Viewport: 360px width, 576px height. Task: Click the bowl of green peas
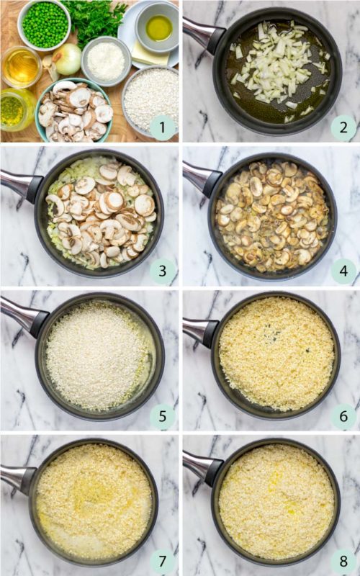pos(44,24)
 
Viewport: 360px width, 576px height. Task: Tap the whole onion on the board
pos(68,58)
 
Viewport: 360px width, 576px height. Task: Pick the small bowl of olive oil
pos(158,27)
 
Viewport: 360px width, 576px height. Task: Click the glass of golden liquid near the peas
pos(21,66)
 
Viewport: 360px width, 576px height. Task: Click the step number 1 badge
pos(163,128)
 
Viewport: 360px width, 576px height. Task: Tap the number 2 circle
pos(343,128)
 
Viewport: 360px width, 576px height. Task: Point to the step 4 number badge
pos(343,271)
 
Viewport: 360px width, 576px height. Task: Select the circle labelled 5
pos(163,416)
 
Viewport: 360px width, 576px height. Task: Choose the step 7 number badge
pos(163,559)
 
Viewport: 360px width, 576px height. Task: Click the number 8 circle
pos(343,559)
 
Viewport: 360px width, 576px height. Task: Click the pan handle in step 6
pos(198,331)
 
